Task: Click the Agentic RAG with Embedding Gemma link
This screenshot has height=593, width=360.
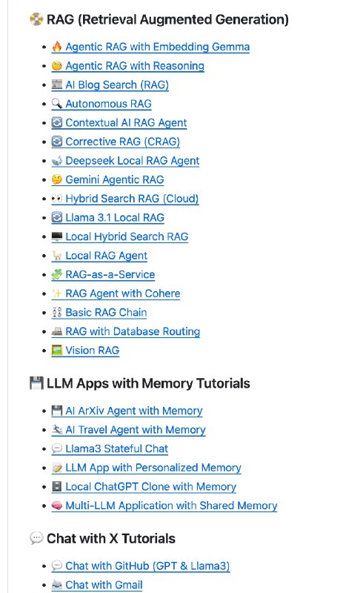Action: coord(157,47)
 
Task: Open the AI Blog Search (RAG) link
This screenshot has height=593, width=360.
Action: coord(117,85)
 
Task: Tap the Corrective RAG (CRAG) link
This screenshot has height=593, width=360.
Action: coord(122,142)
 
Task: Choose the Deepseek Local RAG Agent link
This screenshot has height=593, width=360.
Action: coord(132,161)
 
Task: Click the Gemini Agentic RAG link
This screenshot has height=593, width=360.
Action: coord(114,179)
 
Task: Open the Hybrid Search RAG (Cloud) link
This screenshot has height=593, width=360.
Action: coord(132,199)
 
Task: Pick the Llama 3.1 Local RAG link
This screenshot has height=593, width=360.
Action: coord(114,218)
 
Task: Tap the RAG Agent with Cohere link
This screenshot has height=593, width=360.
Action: coord(122,294)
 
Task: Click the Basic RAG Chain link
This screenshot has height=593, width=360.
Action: coord(106,313)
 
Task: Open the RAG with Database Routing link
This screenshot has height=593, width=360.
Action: coord(133,331)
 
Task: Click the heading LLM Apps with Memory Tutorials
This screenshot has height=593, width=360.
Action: coord(148,383)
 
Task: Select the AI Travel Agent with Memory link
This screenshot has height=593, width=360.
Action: coord(135,430)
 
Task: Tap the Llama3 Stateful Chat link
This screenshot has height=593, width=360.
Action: coord(116,448)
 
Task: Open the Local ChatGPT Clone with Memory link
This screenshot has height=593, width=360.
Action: coord(150,487)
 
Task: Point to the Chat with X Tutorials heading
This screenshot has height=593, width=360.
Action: coord(110,538)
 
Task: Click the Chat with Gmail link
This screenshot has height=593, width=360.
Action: coord(104,585)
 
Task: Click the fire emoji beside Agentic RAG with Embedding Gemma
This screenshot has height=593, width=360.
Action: coord(57,47)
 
